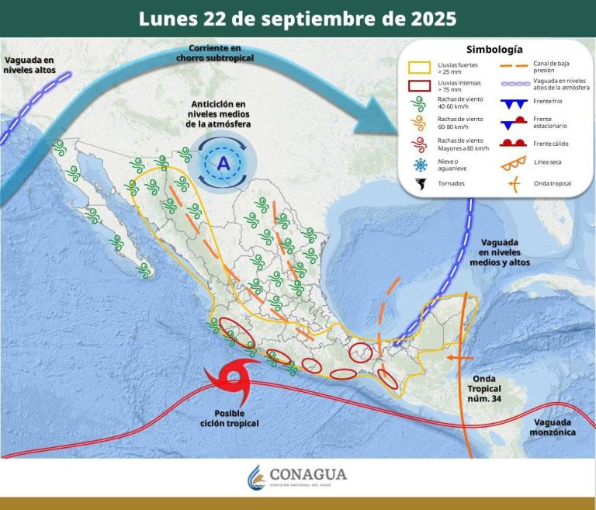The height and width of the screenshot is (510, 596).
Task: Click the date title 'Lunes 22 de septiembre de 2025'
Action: click(x=297, y=18)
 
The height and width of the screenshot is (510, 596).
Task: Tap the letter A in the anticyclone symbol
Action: click(x=223, y=163)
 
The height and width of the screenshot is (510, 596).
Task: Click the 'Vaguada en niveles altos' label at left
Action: click(x=29, y=64)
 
